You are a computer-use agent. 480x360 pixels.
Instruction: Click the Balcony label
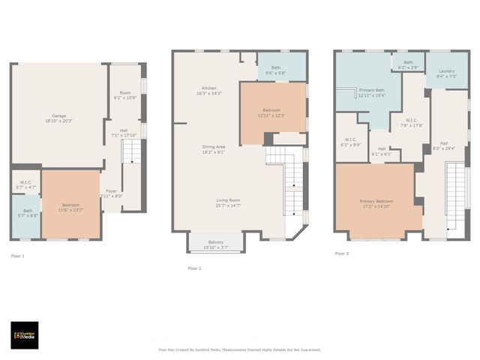pyautogui.click(x=215, y=241)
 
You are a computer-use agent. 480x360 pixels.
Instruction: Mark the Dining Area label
pyautogui.click(x=214, y=146)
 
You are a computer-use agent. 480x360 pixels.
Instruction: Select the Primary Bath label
pyautogui.click(x=371, y=90)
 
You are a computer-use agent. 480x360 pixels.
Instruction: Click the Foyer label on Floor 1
pyautogui.click(x=111, y=190)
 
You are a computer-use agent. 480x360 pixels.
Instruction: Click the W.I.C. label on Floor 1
pyautogui.click(x=25, y=182)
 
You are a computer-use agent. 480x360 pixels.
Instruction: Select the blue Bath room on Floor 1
pyautogui.click(x=26, y=216)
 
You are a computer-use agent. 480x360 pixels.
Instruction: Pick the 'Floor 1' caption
pyautogui.click(x=18, y=256)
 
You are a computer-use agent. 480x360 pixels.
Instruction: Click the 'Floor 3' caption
pyautogui.click(x=342, y=254)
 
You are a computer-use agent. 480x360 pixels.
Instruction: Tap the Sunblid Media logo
pyautogui.click(x=25, y=335)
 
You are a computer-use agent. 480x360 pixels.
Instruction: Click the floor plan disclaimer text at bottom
pyautogui.click(x=239, y=349)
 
